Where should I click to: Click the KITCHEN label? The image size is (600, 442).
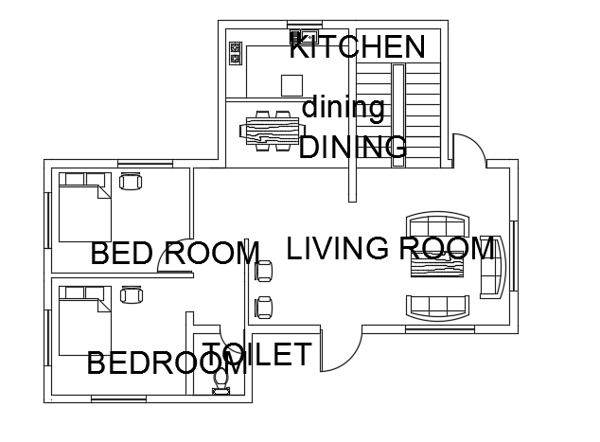(x=356, y=45)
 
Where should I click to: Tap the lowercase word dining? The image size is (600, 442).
(x=343, y=108)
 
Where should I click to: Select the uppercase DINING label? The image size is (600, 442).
(x=353, y=148)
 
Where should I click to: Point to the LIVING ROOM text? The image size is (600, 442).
(x=390, y=249)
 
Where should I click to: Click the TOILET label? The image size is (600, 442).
(x=256, y=356)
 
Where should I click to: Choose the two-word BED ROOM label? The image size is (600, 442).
(x=174, y=254)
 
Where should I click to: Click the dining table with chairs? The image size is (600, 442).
(x=272, y=130)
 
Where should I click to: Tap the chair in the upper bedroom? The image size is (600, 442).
(x=131, y=181)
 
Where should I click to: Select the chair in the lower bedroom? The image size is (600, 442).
(x=131, y=295)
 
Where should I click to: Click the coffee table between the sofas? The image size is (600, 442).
(x=437, y=266)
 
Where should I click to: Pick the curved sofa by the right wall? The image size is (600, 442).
(x=495, y=266)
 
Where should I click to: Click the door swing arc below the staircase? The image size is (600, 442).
(x=469, y=151)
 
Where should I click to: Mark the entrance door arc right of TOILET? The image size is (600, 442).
(x=339, y=351)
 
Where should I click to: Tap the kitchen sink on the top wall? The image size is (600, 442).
(x=308, y=36)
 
